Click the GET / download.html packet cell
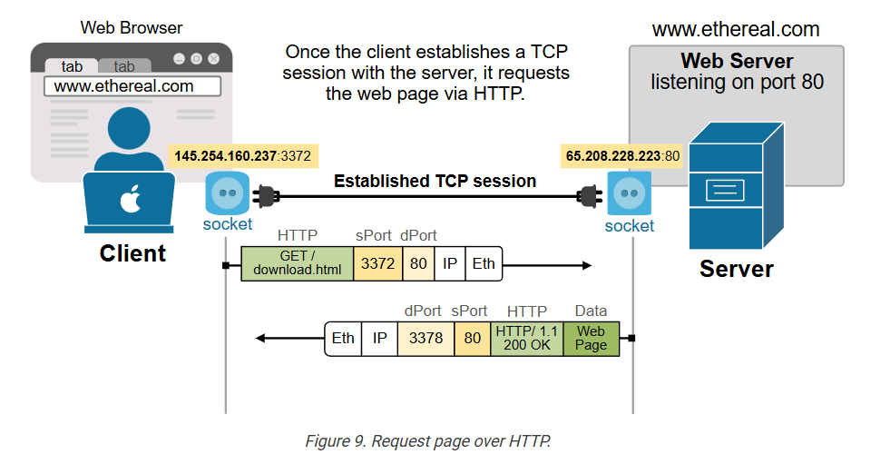(297, 263)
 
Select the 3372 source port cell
(377, 263)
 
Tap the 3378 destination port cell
(425, 339)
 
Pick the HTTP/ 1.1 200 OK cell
(526, 339)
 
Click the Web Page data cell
(591, 339)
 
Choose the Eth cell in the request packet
(484, 263)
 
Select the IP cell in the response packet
(379, 339)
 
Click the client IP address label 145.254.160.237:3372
(242, 156)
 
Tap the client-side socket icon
(226, 193)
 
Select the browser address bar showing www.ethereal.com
(132, 87)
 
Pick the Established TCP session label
(435, 181)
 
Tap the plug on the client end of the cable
(267, 194)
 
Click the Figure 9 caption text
(427, 442)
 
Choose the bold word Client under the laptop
(132, 253)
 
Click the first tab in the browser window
(72, 66)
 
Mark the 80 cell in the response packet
(472, 339)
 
